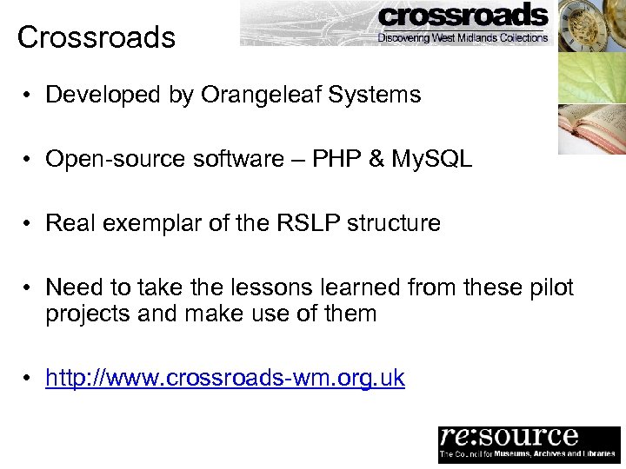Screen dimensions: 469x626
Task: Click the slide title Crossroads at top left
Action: point(96,37)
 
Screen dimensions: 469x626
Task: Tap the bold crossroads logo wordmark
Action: point(463,16)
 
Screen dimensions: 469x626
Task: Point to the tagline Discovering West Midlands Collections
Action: point(463,37)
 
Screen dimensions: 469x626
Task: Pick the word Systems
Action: point(378,95)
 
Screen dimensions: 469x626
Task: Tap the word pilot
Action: point(547,287)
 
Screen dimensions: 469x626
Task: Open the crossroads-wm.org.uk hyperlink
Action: point(225,379)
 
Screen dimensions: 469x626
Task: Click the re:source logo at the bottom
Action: point(529,444)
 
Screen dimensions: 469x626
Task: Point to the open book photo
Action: point(591,129)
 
